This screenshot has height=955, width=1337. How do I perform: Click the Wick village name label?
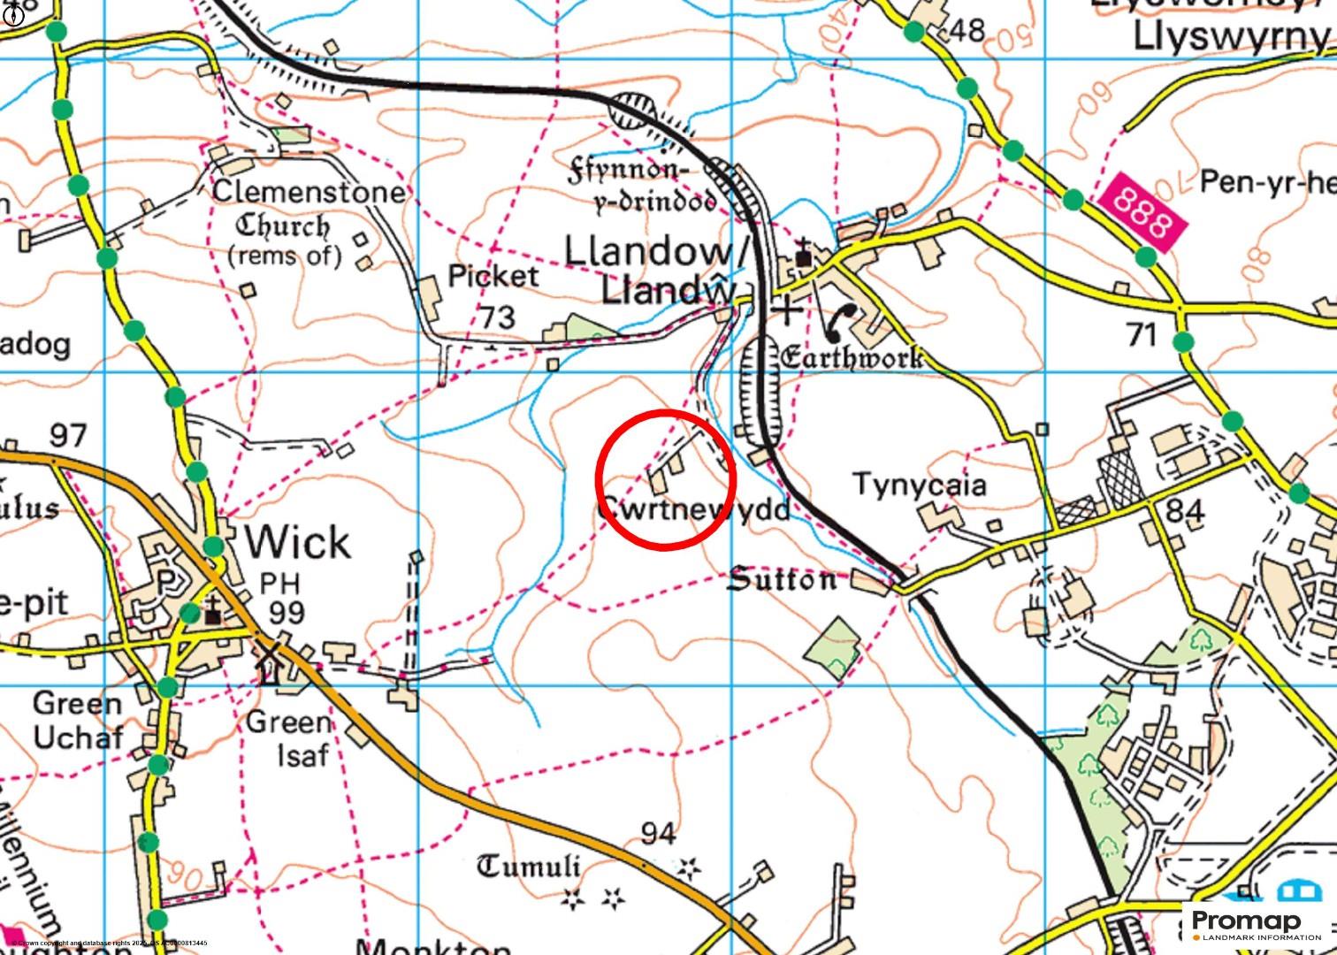click(297, 541)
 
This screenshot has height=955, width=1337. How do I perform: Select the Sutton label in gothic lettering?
click(782, 580)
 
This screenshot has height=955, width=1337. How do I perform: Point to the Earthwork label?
click(852, 357)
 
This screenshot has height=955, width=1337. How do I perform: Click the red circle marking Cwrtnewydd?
click(666, 480)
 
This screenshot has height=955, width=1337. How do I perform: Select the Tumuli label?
click(529, 866)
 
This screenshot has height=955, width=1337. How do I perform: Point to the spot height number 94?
click(659, 833)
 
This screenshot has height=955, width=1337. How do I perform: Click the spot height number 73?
click(498, 317)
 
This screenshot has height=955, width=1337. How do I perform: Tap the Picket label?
click(493, 276)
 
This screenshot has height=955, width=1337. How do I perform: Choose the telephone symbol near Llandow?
click(841, 323)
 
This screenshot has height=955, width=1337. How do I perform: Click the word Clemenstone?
click(309, 191)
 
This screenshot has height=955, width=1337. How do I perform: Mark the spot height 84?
click(1185, 510)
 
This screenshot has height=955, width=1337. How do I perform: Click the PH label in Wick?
click(279, 583)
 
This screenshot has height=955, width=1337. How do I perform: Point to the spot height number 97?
click(68, 435)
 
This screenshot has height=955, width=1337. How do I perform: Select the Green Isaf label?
click(289, 738)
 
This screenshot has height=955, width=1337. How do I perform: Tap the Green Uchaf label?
click(78, 720)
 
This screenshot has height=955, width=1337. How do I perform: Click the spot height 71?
click(1142, 334)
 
